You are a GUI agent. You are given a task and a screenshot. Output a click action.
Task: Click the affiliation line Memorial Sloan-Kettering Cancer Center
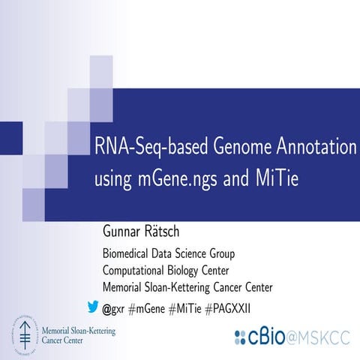point(187,286)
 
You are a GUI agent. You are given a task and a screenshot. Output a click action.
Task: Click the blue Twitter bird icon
point(93,305)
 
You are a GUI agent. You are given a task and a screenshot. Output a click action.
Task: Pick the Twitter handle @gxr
point(113,307)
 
